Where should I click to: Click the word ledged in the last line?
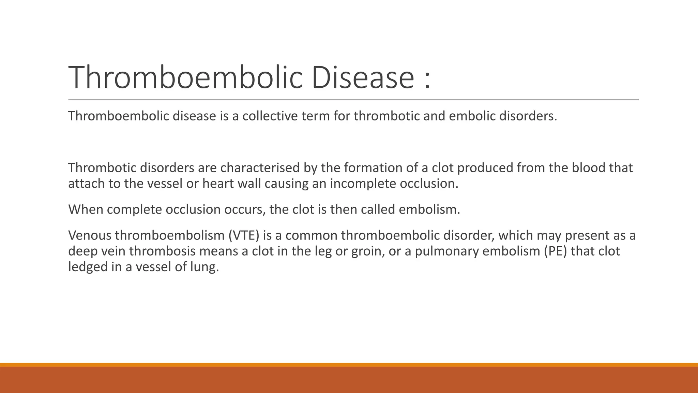(x=88, y=267)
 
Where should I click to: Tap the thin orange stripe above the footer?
(x=349, y=365)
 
